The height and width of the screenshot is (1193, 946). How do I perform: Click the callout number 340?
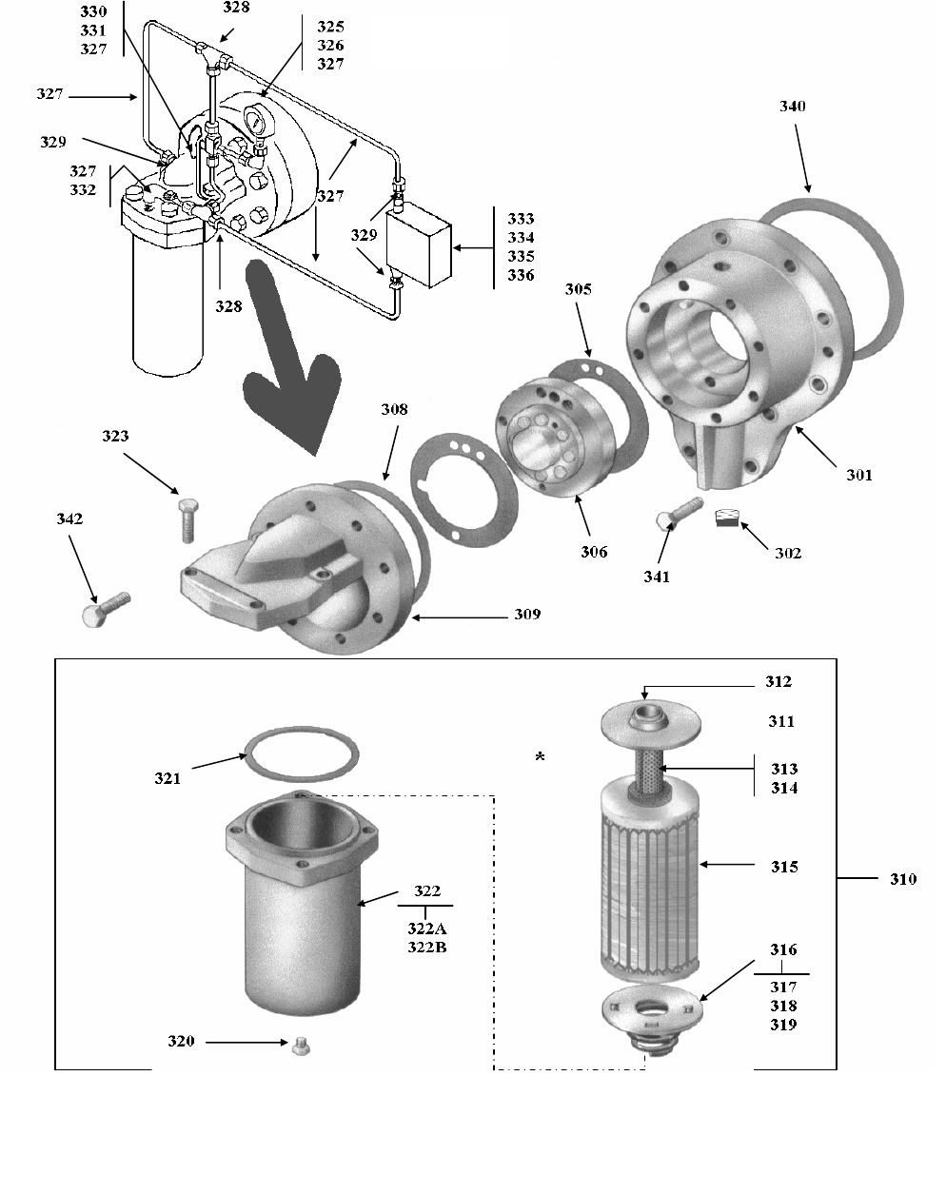[793, 106]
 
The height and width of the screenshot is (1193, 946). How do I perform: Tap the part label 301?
[859, 475]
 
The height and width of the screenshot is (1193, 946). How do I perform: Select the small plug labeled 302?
[727, 518]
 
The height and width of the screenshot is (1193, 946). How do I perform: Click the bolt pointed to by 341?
[680, 512]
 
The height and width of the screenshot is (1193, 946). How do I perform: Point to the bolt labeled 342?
[106, 609]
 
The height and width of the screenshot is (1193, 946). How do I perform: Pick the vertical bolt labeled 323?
[188, 520]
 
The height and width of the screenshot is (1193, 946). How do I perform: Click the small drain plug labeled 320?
[301, 1046]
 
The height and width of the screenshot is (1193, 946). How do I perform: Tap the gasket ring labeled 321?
[303, 753]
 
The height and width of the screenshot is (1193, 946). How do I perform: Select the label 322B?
[427, 947]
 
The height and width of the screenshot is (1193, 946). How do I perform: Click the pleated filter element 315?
[650, 876]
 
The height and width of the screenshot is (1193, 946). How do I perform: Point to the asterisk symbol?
[540, 756]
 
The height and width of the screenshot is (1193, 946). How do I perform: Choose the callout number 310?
[903, 879]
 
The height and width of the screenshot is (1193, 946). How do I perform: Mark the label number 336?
[521, 275]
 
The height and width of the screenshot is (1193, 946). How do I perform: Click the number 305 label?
[579, 289]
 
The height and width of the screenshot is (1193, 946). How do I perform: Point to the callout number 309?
[527, 614]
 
